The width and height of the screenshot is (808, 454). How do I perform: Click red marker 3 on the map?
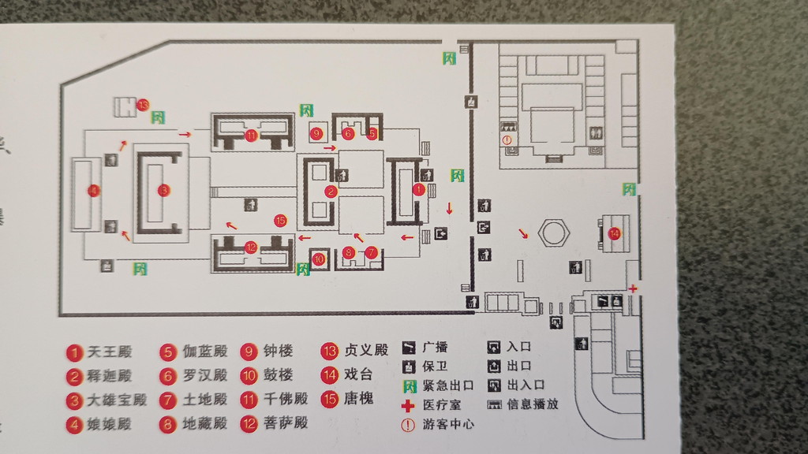point(163,190)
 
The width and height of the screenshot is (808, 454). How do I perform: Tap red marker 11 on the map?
point(251,136)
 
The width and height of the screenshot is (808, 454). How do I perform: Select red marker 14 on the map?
point(615,233)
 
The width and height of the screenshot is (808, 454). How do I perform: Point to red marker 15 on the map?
point(279,220)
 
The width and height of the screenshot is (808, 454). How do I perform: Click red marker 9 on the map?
point(316,133)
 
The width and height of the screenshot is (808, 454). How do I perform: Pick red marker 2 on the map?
point(331,191)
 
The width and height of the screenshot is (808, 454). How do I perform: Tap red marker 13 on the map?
point(143,104)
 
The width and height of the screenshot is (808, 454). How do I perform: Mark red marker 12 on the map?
point(251,247)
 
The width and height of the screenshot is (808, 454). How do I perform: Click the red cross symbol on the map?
point(633,289)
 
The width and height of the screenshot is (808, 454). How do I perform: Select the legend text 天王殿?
point(110,352)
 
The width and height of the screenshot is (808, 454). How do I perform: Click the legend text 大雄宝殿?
point(117,400)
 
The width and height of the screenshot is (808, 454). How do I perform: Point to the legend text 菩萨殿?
point(286,422)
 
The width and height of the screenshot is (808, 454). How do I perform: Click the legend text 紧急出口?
point(447,386)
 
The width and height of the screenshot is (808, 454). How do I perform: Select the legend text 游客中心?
point(448,424)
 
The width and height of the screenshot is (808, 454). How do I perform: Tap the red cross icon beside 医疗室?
point(408,406)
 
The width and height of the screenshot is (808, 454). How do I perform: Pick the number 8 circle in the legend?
point(167,423)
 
